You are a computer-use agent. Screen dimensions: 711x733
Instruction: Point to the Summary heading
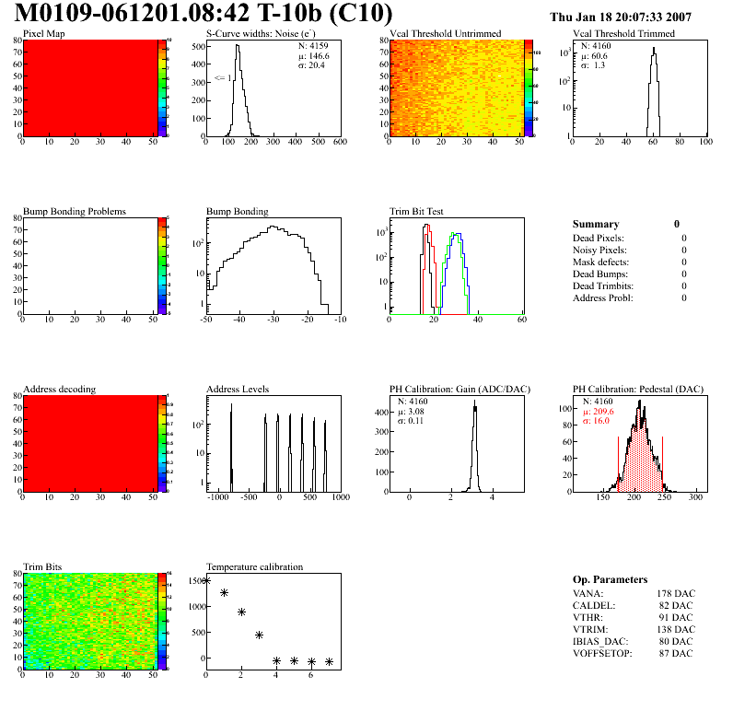click(596, 224)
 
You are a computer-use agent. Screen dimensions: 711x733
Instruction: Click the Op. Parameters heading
click(610, 579)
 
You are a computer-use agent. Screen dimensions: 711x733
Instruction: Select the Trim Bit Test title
click(417, 211)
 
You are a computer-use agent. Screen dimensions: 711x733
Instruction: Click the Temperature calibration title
click(254, 566)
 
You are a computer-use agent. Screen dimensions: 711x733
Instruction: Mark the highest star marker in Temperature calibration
click(206, 580)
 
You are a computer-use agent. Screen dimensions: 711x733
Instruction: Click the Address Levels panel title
click(238, 390)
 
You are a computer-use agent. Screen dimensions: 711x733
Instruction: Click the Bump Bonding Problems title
click(75, 211)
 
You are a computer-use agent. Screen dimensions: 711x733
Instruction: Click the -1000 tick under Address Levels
click(218, 497)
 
